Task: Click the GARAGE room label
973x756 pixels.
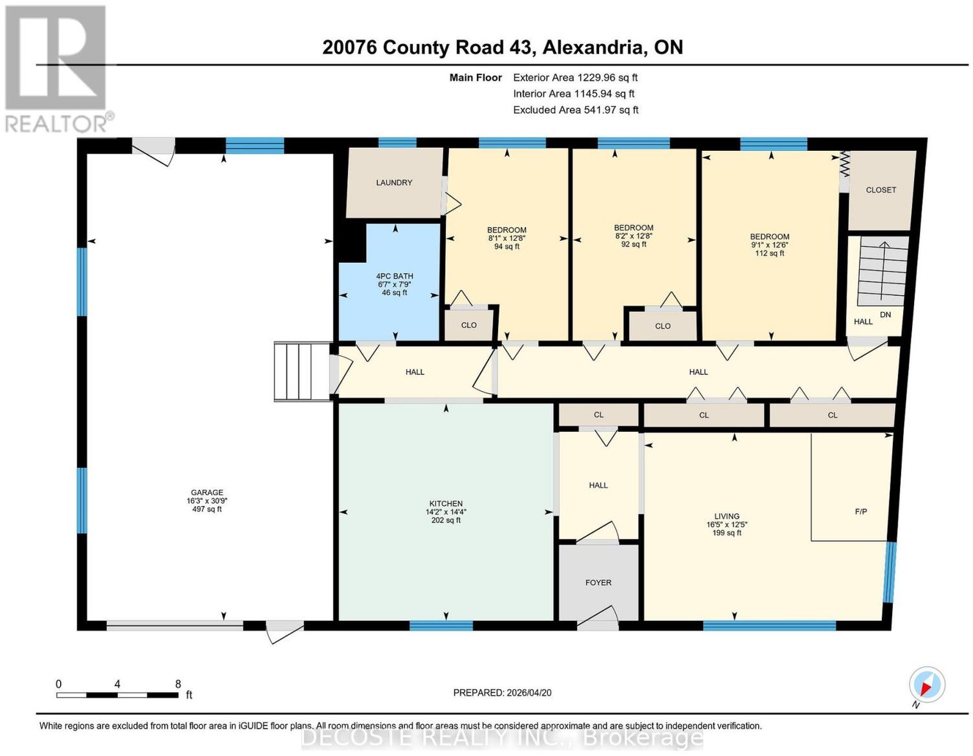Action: point(206,493)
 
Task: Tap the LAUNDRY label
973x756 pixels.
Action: point(394,182)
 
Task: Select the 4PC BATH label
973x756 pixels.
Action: point(395,276)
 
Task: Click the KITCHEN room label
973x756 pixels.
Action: point(446,504)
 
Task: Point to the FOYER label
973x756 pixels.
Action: point(598,582)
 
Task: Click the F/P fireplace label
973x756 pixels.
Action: point(861,512)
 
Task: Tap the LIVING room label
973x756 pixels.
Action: point(727,516)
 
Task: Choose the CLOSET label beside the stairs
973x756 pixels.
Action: point(881,190)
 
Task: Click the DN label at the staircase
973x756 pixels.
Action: point(885,314)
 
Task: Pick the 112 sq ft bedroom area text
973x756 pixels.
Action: point(770,253)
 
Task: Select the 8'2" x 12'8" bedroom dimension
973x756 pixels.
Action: point(634,236)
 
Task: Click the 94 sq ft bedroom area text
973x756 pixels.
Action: point(507,246)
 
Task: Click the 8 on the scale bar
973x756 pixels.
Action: point(178,684)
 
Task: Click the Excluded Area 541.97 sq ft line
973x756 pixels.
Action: point(576,109)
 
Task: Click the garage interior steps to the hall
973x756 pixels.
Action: point(303,372)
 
